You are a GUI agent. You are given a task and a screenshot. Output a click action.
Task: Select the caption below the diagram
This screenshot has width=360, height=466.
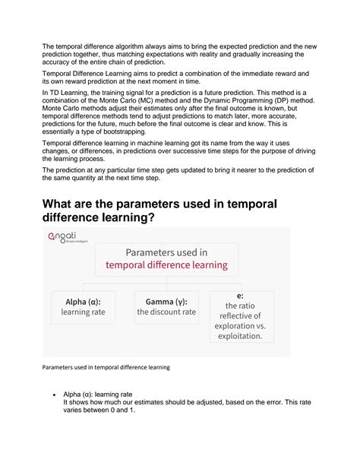106,366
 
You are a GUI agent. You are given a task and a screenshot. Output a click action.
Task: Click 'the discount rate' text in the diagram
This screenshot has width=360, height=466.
166,311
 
